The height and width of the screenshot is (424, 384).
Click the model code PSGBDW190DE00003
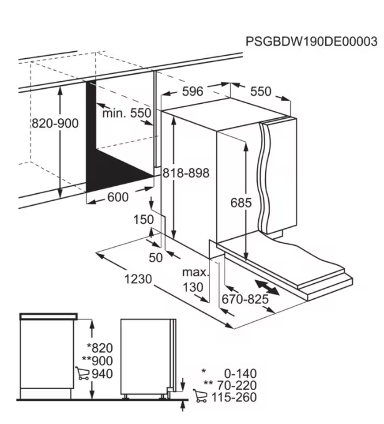(x=311, y=42)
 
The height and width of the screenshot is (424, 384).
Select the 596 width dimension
(x=193, y=91)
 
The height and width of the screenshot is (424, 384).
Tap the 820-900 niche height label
(x=55, y=123)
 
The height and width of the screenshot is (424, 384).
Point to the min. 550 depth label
(x=126, y=113)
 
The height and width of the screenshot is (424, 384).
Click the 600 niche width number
(x=118, y=197)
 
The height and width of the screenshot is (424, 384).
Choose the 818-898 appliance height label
(x=186, y=173)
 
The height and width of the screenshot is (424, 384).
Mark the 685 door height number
(x=241, y=203)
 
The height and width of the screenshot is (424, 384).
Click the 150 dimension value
(x=144, y=220)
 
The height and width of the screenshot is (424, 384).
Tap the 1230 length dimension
(x=138, y=279)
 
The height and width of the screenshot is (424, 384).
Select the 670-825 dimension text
(x=245, y=299)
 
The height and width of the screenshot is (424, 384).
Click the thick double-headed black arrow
(x=267, y=288)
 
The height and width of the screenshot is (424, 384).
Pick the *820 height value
(x=99, y=348)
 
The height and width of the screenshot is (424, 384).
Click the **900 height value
(x=98, y=361)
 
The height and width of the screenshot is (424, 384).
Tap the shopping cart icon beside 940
(x=82, y=373)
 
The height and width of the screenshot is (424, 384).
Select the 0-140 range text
(x=240, y=373)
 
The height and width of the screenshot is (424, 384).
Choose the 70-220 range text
(x=237, y=386)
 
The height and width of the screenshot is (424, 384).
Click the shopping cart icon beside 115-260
(x=200, y=396)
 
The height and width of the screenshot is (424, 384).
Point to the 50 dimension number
(x=156, y=258)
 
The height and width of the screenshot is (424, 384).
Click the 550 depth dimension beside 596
(x=260, y=91)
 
